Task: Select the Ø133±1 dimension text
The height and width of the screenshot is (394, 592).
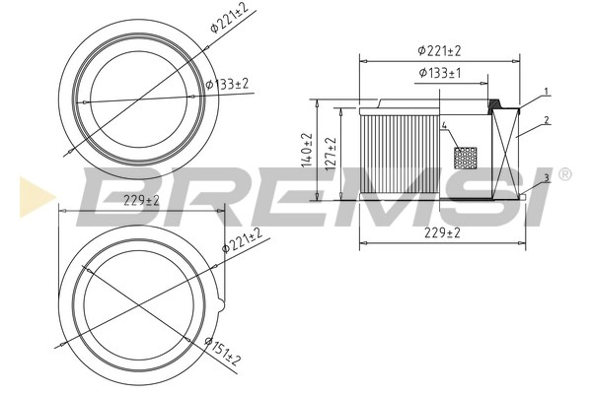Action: coord(439,73)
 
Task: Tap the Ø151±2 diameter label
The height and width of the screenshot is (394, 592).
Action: coord(224,347)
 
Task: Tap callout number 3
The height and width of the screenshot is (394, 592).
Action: coord(546,177)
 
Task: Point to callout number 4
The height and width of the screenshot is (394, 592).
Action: coord(445,126)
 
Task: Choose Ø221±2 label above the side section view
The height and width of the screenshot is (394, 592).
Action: coord(439,49)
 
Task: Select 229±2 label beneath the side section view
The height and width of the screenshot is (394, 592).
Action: coord(439,232)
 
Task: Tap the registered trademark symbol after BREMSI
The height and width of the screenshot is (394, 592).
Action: coord(564,174)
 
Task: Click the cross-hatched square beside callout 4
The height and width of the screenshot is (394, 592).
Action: coord(464,157)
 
